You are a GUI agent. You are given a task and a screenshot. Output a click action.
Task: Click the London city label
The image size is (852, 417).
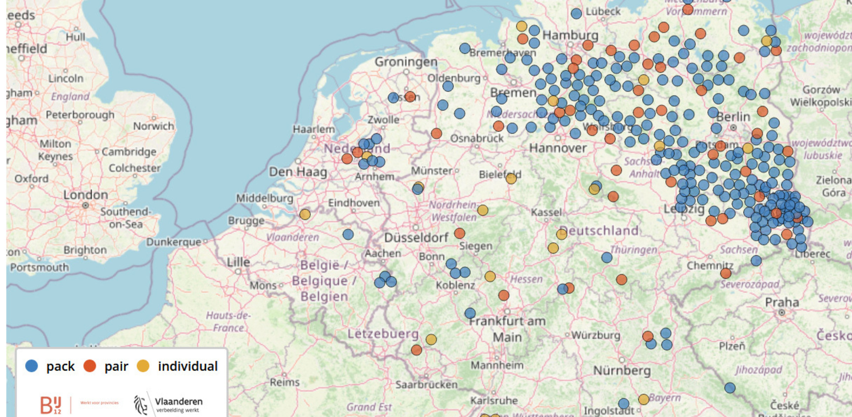pyautogui.click(x=85, y=195)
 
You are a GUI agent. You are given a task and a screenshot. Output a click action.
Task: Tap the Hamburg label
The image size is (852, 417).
pyautogui.click(x=570, y=35)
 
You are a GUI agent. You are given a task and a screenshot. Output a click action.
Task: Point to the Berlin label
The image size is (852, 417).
pyautogui.click(x=733, y=117)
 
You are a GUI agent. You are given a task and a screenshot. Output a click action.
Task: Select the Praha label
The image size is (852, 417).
pyautogui.click(x=782, y=302)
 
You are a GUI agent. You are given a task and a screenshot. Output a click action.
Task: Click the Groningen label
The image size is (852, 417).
pyautogui.click(x=406, y=62)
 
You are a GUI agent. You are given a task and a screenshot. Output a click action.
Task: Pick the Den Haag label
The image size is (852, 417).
pyautogui.click(x=298, y=172)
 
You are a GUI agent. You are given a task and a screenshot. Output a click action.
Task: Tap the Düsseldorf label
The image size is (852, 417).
pyautogui.click(x=416, y=238)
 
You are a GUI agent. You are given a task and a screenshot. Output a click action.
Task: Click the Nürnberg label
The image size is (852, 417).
pyautogui.click(x=622, y=370)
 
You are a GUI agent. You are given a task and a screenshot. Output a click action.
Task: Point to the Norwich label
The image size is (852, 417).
pyautogui.click(x=153, y=126)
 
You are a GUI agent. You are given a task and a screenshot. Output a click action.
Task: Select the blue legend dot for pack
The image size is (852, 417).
pyautogui.click(x=31, y=366)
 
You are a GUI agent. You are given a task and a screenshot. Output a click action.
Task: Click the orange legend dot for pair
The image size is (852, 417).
pyautogui.click(x=90, y=366)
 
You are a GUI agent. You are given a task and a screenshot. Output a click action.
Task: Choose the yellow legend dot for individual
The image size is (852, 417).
pyautogui.click(x=143, y=366)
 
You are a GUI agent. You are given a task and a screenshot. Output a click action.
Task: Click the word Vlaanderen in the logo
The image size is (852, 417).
pyautogui.click(x=179, y=401)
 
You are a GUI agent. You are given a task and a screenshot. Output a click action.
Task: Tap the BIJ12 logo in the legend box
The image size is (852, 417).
pyautogui.click(x=51, y=405)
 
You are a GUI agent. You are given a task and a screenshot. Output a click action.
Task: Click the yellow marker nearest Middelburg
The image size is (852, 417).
pyautogui.click(x=305, y=214)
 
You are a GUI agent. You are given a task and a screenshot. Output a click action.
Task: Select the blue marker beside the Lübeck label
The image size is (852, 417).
pyautogui.click(x=577, y=14)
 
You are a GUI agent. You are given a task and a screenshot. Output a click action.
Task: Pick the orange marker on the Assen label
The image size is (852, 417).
pyautogui.click(x=410, y=96)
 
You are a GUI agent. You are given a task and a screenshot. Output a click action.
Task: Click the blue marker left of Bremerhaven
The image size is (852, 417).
pyautogui.click(x=465, y=48)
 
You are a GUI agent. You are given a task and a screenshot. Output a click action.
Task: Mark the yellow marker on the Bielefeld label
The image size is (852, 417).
pyautogui.click(x=511, y=179)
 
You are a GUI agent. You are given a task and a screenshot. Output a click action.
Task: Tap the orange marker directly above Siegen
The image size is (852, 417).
pyautogui.click(x=459, y=233)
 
